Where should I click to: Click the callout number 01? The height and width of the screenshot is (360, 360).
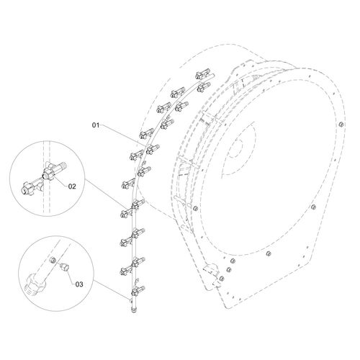click(96, 125)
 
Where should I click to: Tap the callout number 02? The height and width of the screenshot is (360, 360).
click(72, 186)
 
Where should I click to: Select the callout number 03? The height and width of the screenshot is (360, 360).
click(79, 284)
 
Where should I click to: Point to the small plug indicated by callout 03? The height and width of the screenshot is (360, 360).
click(64, 266)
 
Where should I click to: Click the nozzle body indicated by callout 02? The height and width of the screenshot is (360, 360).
click(53, 171)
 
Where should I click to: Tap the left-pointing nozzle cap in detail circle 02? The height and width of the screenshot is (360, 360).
click(27, 188)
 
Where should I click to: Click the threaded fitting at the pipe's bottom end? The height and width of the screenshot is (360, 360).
click(133, 309)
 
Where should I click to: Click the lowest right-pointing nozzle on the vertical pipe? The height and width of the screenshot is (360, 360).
click(138, 291)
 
